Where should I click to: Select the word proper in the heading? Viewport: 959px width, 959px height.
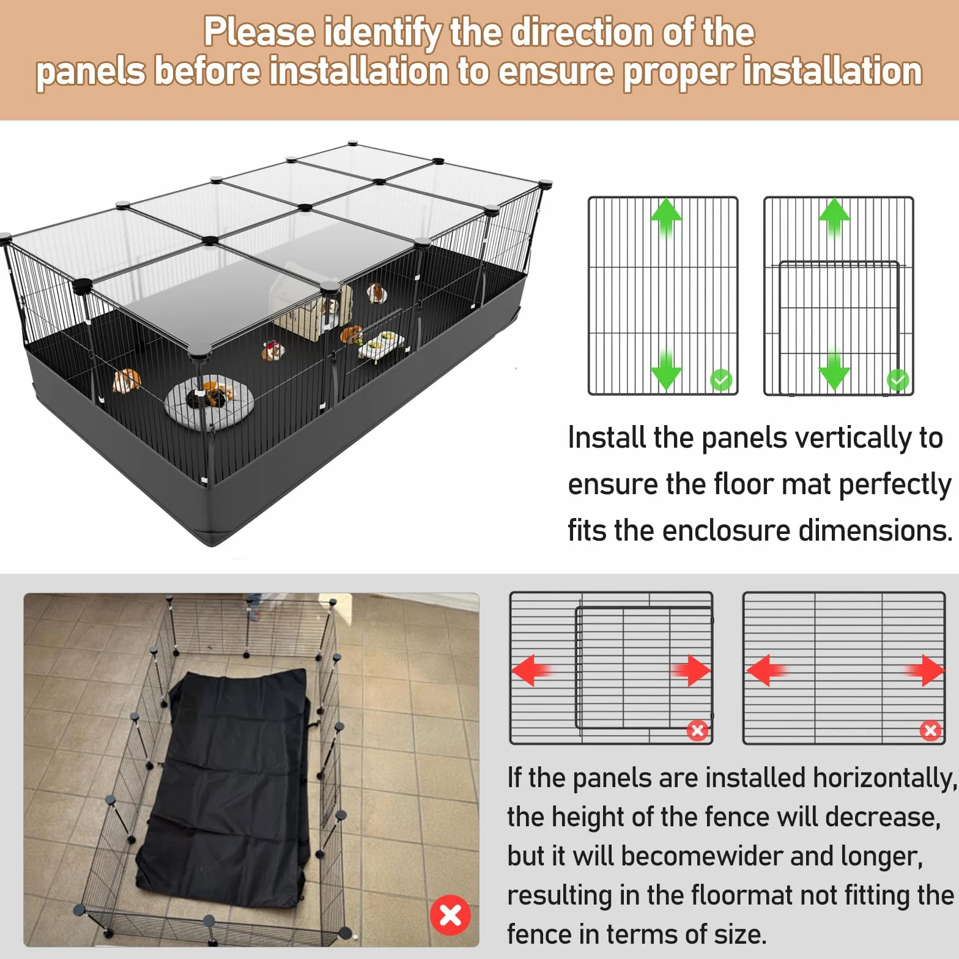pyautogui.click(x=678, y=72)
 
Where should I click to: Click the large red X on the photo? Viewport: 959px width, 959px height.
pyautogui.click(x=450, y=915)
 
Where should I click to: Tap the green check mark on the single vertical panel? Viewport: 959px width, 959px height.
pyautogui.click(x=721, y=380)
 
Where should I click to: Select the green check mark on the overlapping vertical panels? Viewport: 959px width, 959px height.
pyautogui.click(x=897, y=380)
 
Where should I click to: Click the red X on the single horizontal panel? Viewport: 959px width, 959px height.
pyautogui.click(x=930, y=730)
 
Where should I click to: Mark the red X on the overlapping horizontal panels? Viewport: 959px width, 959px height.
pyautogui.click(x=697, y=730)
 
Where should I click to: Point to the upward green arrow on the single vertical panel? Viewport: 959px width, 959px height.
pyautogui.click(x=666, y=217)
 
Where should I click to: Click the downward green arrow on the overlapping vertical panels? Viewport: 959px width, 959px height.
pyautogui.click(x=834, y=370)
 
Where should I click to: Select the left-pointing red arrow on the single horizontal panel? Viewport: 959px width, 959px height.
pyautogui.click(x=766, y=670)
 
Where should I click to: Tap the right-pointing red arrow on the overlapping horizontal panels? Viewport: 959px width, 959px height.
pyautogui.click(x=692, y=670)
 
